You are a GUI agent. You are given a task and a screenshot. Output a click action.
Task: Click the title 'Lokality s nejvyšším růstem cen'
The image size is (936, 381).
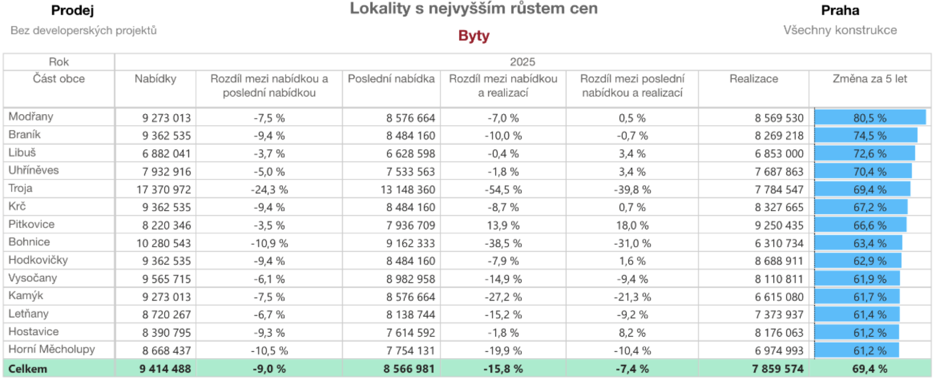(473, 9)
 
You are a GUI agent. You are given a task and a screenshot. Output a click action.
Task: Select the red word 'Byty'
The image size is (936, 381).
(473, 36)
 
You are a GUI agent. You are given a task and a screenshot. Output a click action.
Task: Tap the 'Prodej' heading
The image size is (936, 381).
(72, 10)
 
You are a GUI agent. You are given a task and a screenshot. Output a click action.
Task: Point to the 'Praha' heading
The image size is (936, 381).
(840, 10)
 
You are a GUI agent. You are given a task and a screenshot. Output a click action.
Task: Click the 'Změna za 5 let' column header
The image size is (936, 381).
(869, 79)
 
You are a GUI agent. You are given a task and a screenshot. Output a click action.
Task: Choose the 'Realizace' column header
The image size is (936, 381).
(753, 79)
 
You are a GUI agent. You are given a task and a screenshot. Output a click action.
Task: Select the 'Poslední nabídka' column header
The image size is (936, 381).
(391, 79)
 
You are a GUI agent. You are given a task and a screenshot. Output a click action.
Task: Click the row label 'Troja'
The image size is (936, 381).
(20, 188)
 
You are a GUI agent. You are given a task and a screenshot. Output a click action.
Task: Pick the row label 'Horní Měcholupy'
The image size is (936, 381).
(51, 350)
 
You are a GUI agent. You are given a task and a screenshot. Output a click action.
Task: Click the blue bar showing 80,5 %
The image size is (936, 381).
(869, 118)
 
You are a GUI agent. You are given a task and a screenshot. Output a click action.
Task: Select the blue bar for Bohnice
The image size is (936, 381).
(858, 243)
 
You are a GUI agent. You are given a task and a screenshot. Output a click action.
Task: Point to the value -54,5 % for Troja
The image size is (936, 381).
(503, 189)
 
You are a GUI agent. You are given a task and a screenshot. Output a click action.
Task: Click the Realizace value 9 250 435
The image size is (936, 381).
(778, 225)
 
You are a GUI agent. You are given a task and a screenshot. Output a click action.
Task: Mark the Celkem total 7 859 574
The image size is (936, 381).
(777, 369)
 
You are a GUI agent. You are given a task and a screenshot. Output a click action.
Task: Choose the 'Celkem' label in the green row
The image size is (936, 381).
(28, 369)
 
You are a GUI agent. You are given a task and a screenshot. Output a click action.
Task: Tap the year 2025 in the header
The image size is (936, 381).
(522, 62)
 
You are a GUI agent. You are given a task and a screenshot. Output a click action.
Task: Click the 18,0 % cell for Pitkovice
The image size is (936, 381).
(632, 225)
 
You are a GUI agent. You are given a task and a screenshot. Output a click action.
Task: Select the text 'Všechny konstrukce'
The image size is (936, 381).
(840, 30)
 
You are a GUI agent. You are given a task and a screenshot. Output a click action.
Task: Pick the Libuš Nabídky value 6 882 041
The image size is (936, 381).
(166, 154)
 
